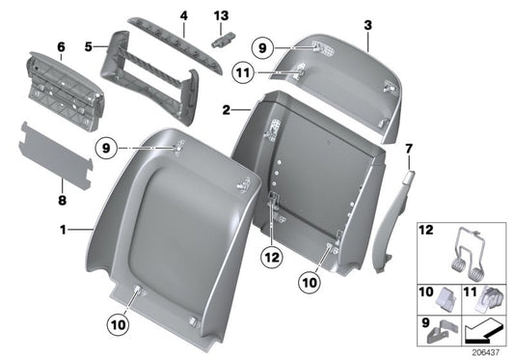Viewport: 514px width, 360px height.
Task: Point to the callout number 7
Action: (408, 148)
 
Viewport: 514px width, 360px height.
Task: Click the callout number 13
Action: (221, 15)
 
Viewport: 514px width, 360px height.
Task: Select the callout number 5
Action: (88, 44)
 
